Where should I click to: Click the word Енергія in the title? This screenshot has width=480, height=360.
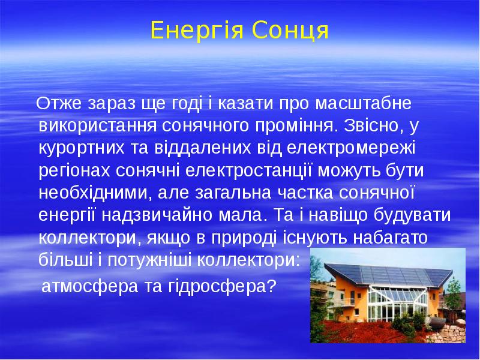197,31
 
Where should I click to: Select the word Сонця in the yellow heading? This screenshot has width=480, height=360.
290,31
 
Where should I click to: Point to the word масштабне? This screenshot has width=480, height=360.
363,103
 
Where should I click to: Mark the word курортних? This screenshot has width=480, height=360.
82,148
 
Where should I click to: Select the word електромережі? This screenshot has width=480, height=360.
352,148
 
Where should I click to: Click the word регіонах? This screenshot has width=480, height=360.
74,171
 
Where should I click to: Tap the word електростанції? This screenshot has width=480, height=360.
248,170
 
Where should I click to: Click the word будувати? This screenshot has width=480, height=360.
412,215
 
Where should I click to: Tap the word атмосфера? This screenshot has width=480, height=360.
89,287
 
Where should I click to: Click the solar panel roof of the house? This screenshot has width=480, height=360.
389,274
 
